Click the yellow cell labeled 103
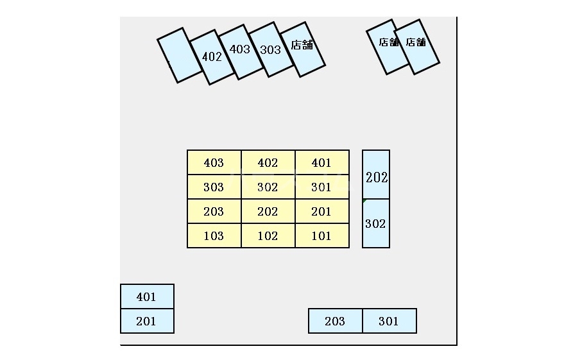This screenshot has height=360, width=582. click(214, 236)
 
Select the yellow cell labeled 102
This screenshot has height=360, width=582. click(268, 236)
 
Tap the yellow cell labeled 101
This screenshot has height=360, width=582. click(321, 236)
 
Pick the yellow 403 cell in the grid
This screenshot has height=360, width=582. click(214, 162)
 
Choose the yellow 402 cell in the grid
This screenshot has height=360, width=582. click(268, 162)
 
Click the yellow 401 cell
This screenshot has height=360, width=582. click(321, 162)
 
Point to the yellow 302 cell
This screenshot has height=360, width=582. click(268, 187)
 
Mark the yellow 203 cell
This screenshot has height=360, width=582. click(214, 211)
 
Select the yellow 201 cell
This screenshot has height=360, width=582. click(321, 211)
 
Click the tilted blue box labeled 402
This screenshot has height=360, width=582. click(211, 57)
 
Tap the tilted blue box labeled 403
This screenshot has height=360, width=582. click(240, 51)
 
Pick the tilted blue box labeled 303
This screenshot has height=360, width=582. click(270, 49)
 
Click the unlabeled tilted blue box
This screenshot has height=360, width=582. click(179, 55)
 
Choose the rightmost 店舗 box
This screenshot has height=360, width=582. click(417, 46)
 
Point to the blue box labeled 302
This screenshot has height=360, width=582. click(376, 224)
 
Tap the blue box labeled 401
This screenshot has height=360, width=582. click(147, 296)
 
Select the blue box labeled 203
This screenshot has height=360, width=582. click(335, 321)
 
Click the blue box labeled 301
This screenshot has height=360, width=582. click(389, 321)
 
